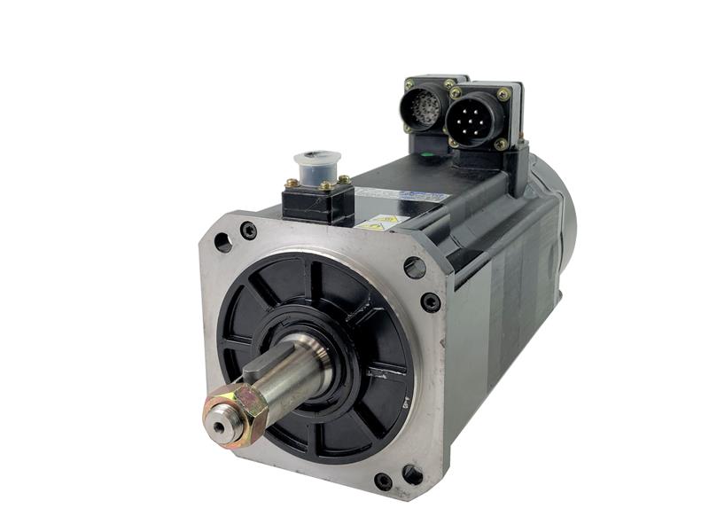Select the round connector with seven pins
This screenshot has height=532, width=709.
point(477,116)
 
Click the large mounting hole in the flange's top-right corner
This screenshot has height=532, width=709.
point(415,267)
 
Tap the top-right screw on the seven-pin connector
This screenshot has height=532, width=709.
point(504,94)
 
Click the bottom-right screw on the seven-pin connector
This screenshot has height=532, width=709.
point(501,143)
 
